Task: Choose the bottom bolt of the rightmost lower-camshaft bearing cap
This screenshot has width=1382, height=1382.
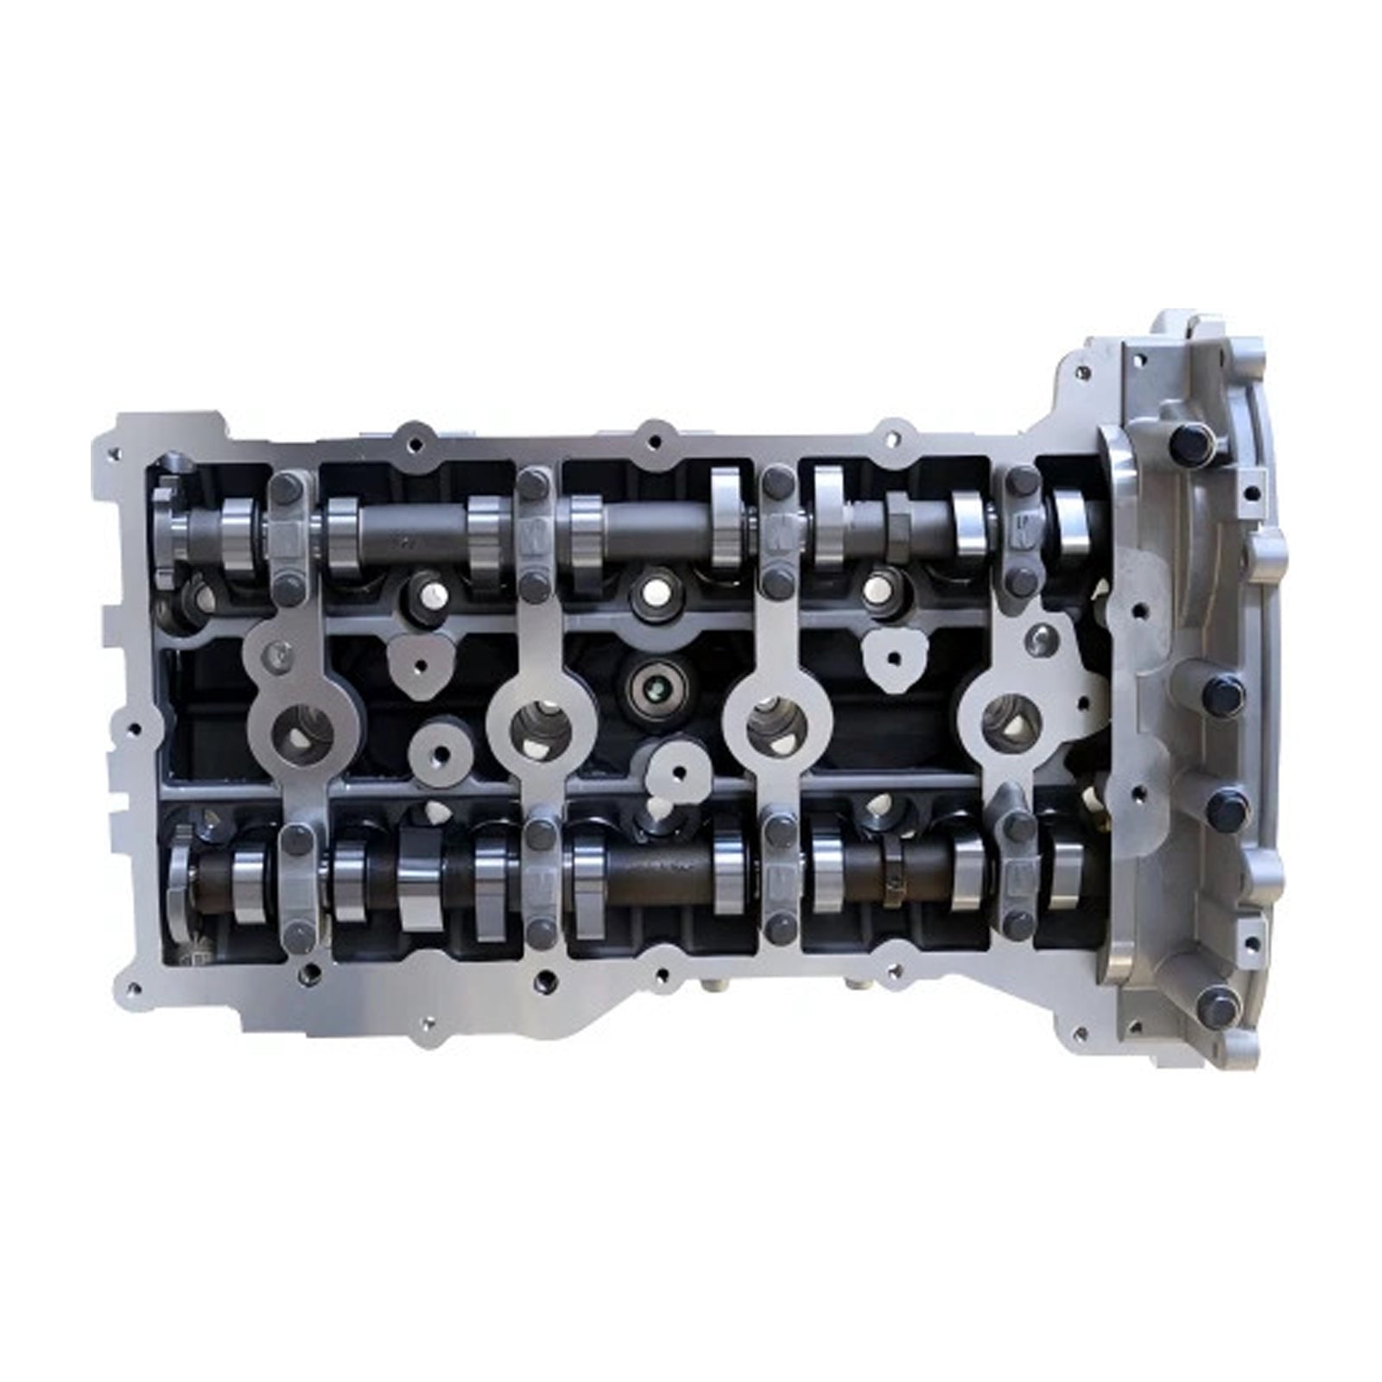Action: tap(1018, 925)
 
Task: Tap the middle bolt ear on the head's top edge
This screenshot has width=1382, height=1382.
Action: tap(654, 437)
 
